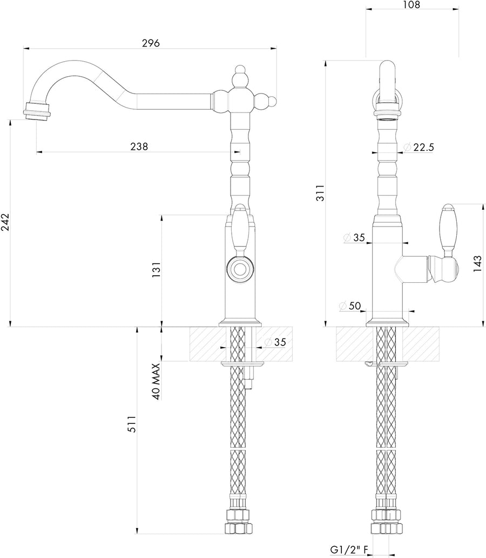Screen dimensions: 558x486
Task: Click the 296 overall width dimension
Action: click(x=151, y=43)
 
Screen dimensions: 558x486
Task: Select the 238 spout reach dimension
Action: click(x=139, y=147)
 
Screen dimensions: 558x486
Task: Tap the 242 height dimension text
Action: click(x=6, y=222)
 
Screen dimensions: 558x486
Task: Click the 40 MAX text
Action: click(x=156, y=381)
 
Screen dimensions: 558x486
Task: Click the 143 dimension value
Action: click(x=477, y=264)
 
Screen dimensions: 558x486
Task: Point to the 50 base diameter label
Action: click(x=354, y=305)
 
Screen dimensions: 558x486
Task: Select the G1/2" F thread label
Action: click(x=349, y=550)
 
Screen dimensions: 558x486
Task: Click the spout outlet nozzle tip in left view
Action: click(x=38, y=113)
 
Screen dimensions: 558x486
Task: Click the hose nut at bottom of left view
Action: click(x=238, y=528)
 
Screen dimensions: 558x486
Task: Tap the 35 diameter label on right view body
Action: click(x=357, y=237)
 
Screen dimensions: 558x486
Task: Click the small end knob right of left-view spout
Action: click(x=273, y=101)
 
